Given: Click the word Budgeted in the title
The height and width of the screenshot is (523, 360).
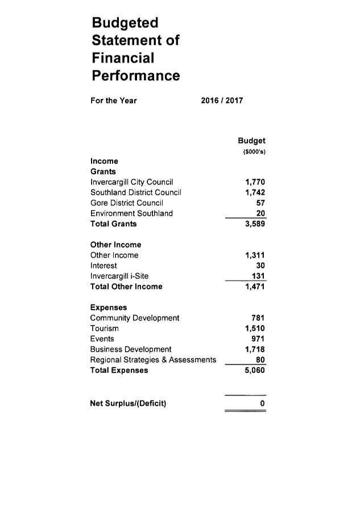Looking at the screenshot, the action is (125, 23).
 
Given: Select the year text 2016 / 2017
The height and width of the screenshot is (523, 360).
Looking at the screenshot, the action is (222, 100).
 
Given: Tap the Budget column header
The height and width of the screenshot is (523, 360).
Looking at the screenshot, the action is (252, 141).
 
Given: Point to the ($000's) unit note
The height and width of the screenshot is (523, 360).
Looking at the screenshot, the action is (254, 152).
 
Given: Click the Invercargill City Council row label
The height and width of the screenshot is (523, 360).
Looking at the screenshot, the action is (132, 182).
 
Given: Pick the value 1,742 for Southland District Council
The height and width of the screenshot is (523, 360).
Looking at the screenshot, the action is (255, 192).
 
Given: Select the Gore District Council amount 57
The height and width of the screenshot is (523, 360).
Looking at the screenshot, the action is (260, 203).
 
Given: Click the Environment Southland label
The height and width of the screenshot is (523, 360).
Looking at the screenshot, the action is (131, 213).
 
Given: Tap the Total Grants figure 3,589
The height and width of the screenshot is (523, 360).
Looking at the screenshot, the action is (255, 224).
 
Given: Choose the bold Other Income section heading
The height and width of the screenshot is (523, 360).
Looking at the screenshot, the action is (115, 245).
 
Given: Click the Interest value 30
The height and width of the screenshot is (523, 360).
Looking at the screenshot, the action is (260, 266).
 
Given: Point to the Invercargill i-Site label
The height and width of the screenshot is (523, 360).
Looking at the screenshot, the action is (119, 276).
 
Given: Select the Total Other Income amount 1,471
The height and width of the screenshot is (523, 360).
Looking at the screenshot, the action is (255, 286).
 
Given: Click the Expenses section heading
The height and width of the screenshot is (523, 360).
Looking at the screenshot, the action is (109, 307).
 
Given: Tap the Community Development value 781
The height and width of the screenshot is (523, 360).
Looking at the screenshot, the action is (258, 318).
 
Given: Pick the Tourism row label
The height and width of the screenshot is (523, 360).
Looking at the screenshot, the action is (104, 328).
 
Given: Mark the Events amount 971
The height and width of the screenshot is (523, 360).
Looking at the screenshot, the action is (258, 339).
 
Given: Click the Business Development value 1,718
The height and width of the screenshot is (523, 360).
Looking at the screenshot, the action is (255, 349).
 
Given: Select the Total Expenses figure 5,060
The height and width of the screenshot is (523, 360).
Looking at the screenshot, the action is (255, 370).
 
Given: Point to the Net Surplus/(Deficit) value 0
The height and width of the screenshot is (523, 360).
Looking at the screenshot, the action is (262, 403).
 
